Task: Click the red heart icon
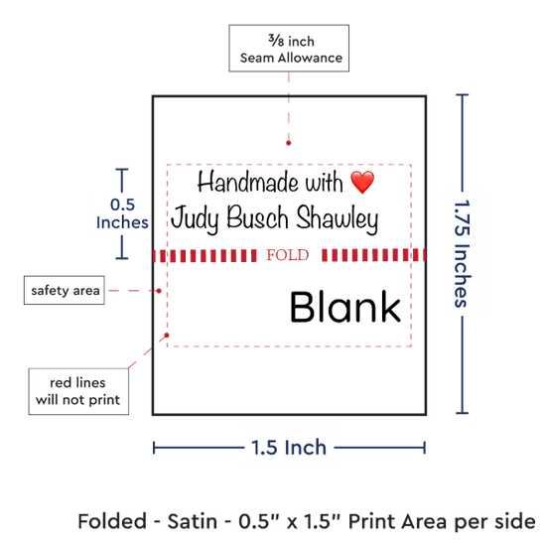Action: tap(362, 182)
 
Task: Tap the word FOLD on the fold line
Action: tap(288, 255)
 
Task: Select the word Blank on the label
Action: tap(345, 307)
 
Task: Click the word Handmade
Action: tap(248, 182)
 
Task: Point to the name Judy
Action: tap(196, 218)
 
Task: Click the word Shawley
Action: tap(338, 218)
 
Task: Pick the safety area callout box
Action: tap(65, 290)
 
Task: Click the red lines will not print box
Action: tap(78, 391)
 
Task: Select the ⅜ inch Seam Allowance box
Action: tap(289, 49)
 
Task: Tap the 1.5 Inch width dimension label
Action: tap(289, 448)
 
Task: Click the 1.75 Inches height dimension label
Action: tap(463, 254)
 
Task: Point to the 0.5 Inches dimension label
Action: tap(122, 213)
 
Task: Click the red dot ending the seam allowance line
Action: tap(288, 143)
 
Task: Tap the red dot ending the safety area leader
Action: tap(159, 291)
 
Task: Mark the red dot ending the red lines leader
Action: tap(167, 335)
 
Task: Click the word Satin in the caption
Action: tap(193, 521)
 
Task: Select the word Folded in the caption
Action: tap(112, 521)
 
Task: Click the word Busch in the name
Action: tap(258, 217)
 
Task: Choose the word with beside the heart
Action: tap(324, 182)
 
